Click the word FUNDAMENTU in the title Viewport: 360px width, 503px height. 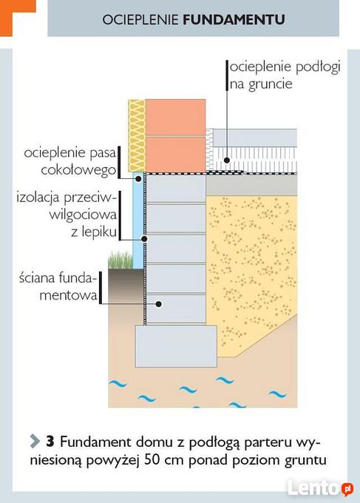(x=234, y=19)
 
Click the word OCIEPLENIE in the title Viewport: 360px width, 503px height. (x=140, y=19)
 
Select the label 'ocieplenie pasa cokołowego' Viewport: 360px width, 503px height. (x=70, y=161)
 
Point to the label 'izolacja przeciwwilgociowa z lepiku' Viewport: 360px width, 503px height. (x=67, y=215)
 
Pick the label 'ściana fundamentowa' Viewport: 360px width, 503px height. (x=58, y=286)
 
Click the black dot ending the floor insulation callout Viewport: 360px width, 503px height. (x=227, y=160)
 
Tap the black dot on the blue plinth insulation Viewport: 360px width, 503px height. (x=138, y=179)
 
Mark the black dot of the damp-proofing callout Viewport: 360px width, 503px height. (x=144, y=239)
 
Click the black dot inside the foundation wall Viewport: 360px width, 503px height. (x=158, y=304)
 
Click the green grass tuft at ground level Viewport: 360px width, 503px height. (x=120, y=260)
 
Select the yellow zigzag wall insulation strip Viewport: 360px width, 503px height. (x=137, y=135)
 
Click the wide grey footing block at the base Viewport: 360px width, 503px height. (x=176, y=346)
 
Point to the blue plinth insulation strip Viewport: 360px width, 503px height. (x=137, y=220)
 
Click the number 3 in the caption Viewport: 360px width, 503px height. (x=50, y=442)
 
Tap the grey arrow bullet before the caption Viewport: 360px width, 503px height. (x=35, y=442)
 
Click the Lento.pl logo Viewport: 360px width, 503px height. (x=321, y=488)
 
